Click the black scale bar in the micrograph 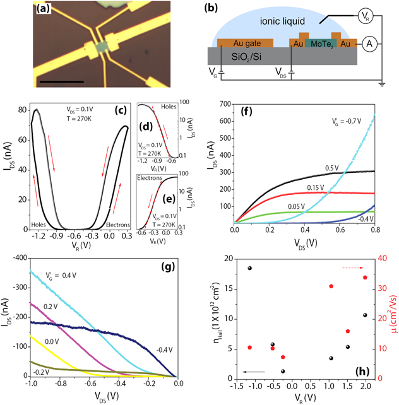(61, 81)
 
